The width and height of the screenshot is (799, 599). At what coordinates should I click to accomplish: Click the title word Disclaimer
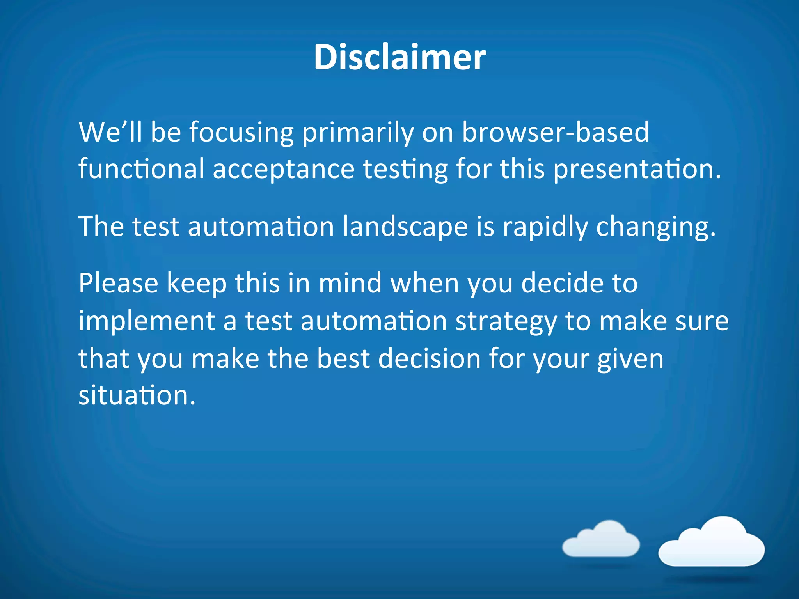tap(399, 57)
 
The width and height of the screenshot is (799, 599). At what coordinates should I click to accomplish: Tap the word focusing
tap(241, 132)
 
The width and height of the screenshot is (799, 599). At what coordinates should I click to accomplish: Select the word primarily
tap(358, 132)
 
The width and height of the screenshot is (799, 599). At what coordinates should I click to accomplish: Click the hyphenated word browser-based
tap(556, 132)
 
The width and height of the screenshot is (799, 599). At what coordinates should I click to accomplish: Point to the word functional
tap(141, 169)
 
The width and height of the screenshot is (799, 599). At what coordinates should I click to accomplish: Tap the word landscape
tap(405, 227)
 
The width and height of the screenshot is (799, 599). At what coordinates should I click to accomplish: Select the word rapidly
tap(545, 227)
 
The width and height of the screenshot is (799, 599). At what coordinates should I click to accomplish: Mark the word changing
tap(656, 227)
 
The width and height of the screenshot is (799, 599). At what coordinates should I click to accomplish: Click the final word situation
tap(137, 395)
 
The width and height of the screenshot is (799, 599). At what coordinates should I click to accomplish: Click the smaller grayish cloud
tap(601, 540)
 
